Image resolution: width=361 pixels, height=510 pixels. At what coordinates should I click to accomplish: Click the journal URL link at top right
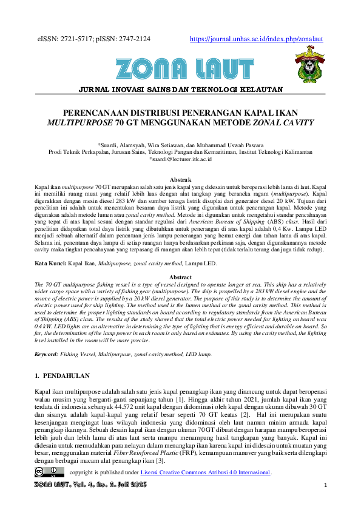[256, 39]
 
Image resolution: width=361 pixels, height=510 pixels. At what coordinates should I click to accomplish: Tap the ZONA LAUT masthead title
[180, 68]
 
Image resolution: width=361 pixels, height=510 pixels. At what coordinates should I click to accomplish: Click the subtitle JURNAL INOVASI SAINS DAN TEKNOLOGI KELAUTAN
[180, 90]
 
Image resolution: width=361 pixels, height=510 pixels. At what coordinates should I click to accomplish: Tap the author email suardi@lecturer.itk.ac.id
[180, 159]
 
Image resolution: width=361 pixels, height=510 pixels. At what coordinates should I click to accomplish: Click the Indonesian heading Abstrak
[180, 180]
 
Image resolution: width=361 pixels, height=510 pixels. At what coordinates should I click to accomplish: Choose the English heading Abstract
[180, 277]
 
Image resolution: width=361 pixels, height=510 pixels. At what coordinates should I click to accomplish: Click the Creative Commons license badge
[49, 471]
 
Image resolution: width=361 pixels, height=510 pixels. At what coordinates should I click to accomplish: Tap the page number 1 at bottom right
[326, 486]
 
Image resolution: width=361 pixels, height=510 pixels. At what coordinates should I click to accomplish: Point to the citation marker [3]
[160, 462]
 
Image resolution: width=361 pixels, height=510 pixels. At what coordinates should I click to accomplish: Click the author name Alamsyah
[151, 145]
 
